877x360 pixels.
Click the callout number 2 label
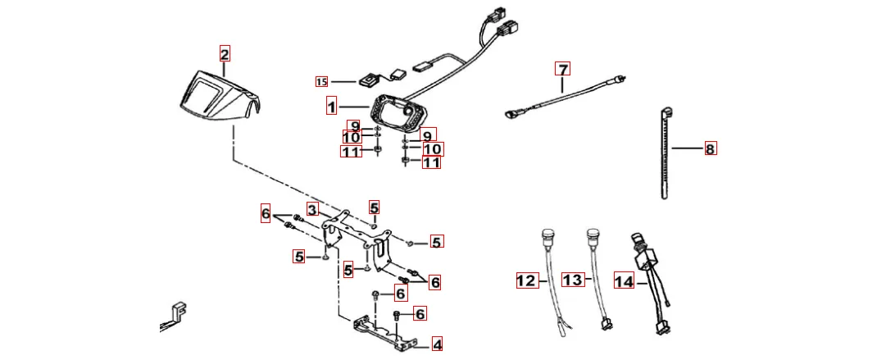225,55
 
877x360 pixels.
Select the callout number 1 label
331,107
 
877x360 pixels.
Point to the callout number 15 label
321,81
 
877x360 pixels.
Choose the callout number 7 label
561,68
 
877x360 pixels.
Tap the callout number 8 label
710,149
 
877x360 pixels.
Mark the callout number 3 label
312,209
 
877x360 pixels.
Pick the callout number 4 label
437,345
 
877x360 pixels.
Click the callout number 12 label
525,281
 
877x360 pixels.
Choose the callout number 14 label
624,282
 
